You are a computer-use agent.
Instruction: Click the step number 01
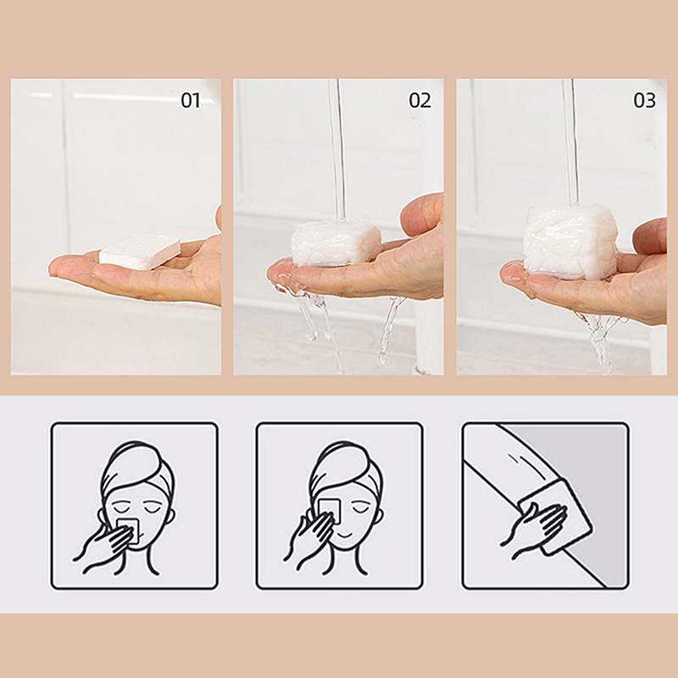pos(190,100)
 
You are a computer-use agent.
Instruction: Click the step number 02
pos(420,100)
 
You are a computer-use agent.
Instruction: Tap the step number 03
pos(644,100)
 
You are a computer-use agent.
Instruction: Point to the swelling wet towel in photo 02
pos(336,243)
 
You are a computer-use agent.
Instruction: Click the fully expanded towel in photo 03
pos(570,242)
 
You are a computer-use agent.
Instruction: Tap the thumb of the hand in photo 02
pos(420,214)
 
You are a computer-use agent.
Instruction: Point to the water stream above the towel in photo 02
pos(336,149)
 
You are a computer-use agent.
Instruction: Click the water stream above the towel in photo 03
pos(570,142)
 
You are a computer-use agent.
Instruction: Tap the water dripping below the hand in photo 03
pos(600,342)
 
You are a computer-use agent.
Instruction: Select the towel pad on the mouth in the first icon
pos(128,530)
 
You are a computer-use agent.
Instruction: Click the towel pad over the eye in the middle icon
pos(330,512)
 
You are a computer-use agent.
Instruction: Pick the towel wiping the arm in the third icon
pos(556,517)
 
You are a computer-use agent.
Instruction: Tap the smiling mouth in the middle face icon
pos(346,536)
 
